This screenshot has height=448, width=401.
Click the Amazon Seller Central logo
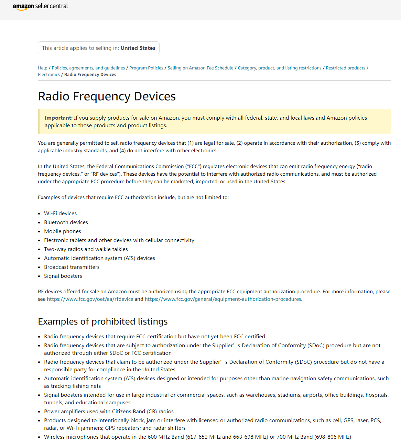coord(40,7)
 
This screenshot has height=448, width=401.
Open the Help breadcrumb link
coord(43,68)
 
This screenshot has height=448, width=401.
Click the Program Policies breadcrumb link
coord(146,68)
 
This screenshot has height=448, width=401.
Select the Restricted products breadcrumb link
coord(345,68)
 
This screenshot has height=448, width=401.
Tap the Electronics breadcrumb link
coord(49,75)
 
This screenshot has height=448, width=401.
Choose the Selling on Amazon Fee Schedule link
coord(200,68)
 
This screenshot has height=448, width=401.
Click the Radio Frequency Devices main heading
coord(107,97)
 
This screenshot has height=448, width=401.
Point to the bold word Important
coord(58,118)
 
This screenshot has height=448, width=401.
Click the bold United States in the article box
coord(138,48)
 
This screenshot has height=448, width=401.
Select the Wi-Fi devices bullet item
coord(60,214)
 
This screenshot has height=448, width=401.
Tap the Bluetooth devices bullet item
coord(66,222)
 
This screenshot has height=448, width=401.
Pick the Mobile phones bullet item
coord(63,231)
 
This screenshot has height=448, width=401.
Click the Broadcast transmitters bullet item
coord(72,267)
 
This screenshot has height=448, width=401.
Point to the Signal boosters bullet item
coord(63,276)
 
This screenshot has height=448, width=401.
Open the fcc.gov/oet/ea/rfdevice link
coord(90,299)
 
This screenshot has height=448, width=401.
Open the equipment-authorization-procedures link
coord(223,299)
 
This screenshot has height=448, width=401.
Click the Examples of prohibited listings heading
coord(103,321)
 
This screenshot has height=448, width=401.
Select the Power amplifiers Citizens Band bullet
coord(109,412)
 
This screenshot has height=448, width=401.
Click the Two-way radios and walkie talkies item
coord(86,249)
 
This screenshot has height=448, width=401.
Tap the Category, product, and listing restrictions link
coord(280,68)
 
